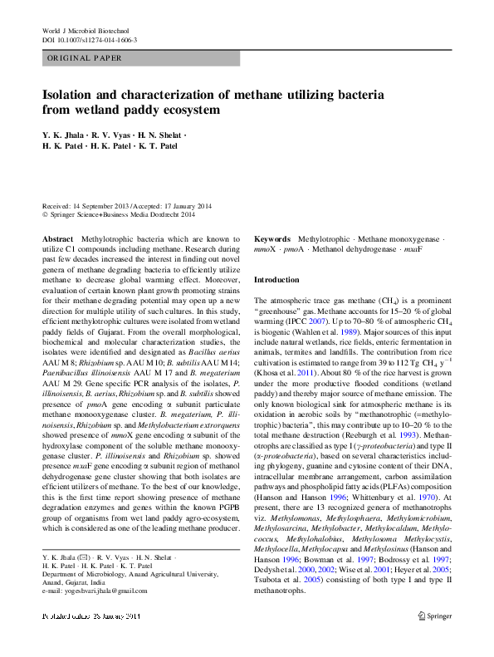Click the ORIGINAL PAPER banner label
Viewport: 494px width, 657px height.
click(86, 58)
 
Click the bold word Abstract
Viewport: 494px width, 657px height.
click(59, 238)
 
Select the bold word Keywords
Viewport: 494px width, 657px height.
click(272, 238)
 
